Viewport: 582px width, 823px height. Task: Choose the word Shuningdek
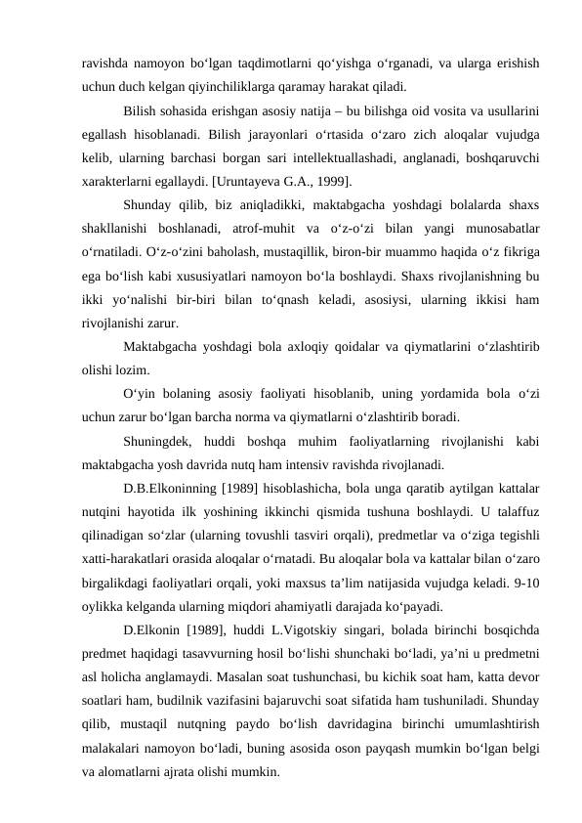[160, 440]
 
